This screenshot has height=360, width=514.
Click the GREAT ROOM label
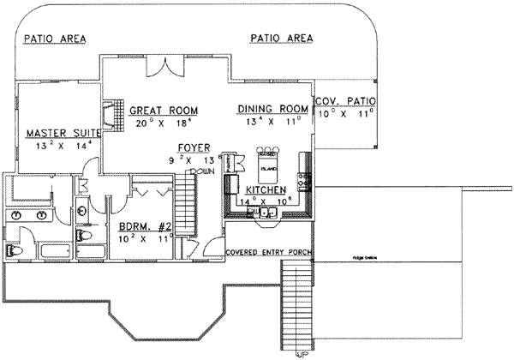[164, 111]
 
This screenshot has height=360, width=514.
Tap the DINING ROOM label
[272, 109]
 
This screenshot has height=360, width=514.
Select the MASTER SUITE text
[63, 133]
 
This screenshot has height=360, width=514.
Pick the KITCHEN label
[266, 189]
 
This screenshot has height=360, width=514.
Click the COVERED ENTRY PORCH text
[268, 253]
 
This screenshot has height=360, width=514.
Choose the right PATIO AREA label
[282, 39]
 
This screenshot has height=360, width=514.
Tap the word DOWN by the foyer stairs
[202, 171]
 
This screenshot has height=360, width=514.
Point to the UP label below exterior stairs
[302, 353]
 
